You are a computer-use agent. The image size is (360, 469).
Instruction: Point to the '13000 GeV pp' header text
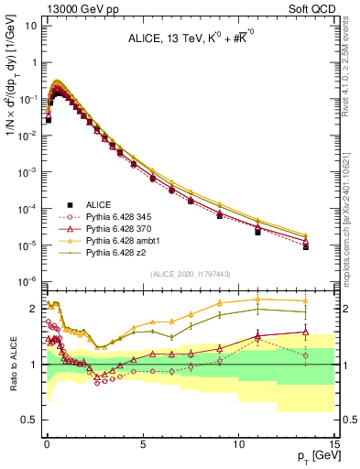[70, 7]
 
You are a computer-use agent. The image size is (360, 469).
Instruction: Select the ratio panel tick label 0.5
[30, 420]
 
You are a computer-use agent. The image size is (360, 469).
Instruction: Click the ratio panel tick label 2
[34, 309]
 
